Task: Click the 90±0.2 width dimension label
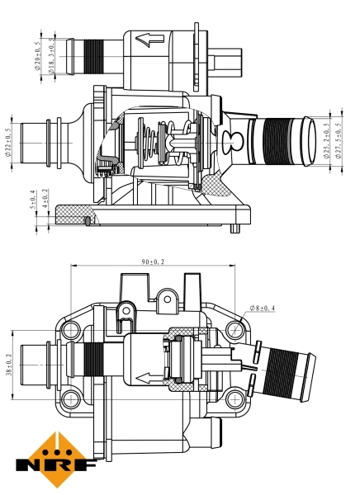(153, 262)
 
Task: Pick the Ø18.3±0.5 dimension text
(51, 56)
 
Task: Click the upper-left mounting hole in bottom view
(71, 330)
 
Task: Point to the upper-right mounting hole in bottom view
(235, 330)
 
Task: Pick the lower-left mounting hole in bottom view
(71, 398)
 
